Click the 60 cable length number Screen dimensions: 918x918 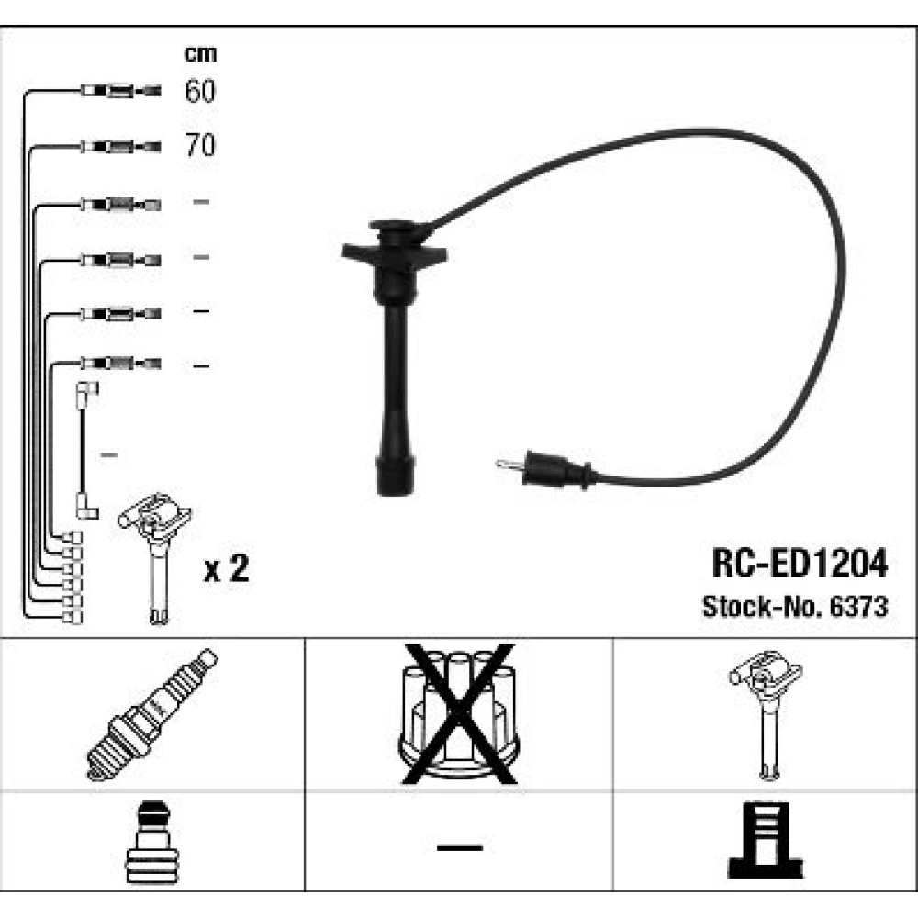pyautogui.click(x=200, y=91)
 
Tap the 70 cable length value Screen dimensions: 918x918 pyautogui.click(x=200, y=145)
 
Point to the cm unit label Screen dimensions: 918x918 pyautogui.click(x=200, y=54)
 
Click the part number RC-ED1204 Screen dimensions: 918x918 pyautogui.click(x=800, y=564)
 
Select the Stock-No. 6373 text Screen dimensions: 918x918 pyautogui.click(x=795, y=607)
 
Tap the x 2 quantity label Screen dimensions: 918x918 pyautogui.click(x=226, y=568)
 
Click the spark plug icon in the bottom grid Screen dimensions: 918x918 pyautogui.click(x=151, y=715)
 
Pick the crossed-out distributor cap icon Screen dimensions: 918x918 pyautogui.click(x=458, y=713)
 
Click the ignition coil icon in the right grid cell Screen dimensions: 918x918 pyautogui.click(x=766, y=715)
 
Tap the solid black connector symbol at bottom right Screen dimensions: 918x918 pyautogui.click(x=766, y=841)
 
